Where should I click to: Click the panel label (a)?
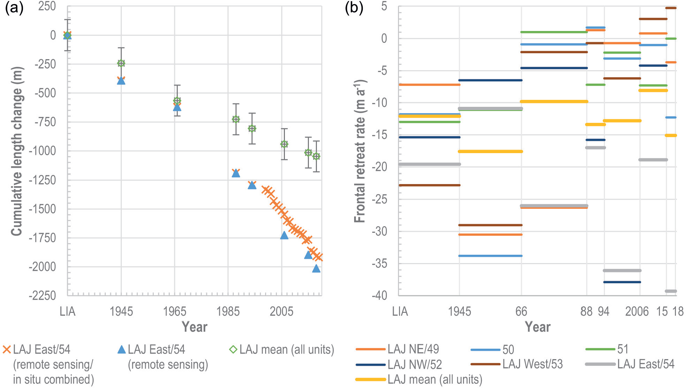tap(14, 8)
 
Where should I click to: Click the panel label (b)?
tap(354, 8)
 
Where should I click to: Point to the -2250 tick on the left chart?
tap(42, 296)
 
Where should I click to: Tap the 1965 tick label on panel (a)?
tap(175, 311)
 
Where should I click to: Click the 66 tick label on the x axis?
tap(521, 311)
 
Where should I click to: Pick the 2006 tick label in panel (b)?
tap(637, 311)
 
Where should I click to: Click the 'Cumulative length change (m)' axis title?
tap(16, 151)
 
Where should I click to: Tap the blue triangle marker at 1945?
tap(121, 81)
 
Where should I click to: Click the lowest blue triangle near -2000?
tap(316, 269)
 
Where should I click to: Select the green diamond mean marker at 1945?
tap(121, 63)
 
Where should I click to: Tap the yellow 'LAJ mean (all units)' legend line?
tap(371, 379)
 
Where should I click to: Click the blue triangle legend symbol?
tap(121, 350)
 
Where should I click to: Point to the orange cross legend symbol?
tap(7, 350)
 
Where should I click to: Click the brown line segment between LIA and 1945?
tap(429, 185)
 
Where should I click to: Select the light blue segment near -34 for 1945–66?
tap(490, 256)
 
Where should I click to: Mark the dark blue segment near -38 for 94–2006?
tap(622, 282)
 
